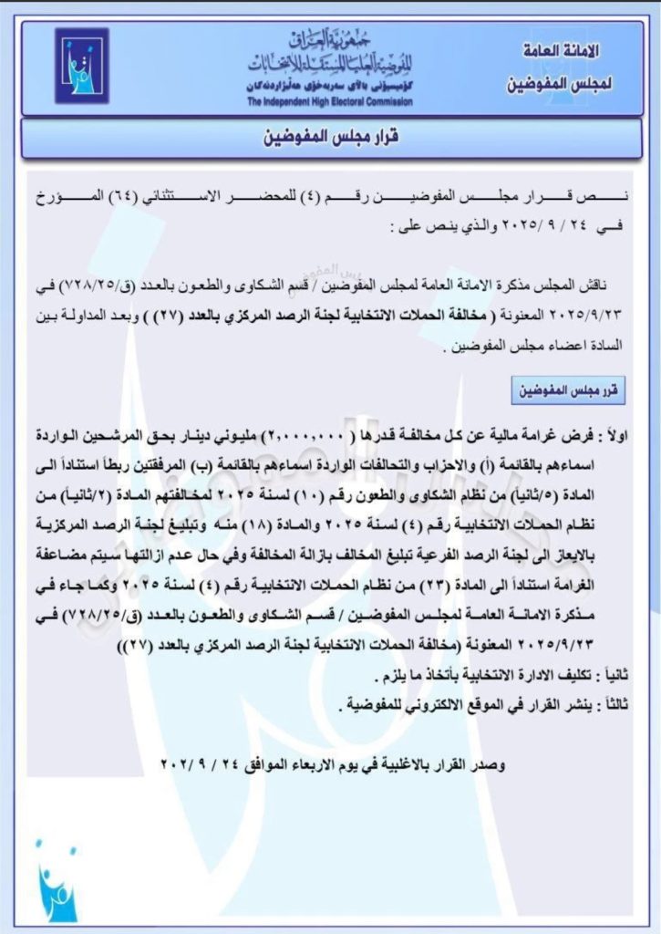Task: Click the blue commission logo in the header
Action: tap(81, 67)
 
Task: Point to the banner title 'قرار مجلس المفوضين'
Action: tap(330, 142)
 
